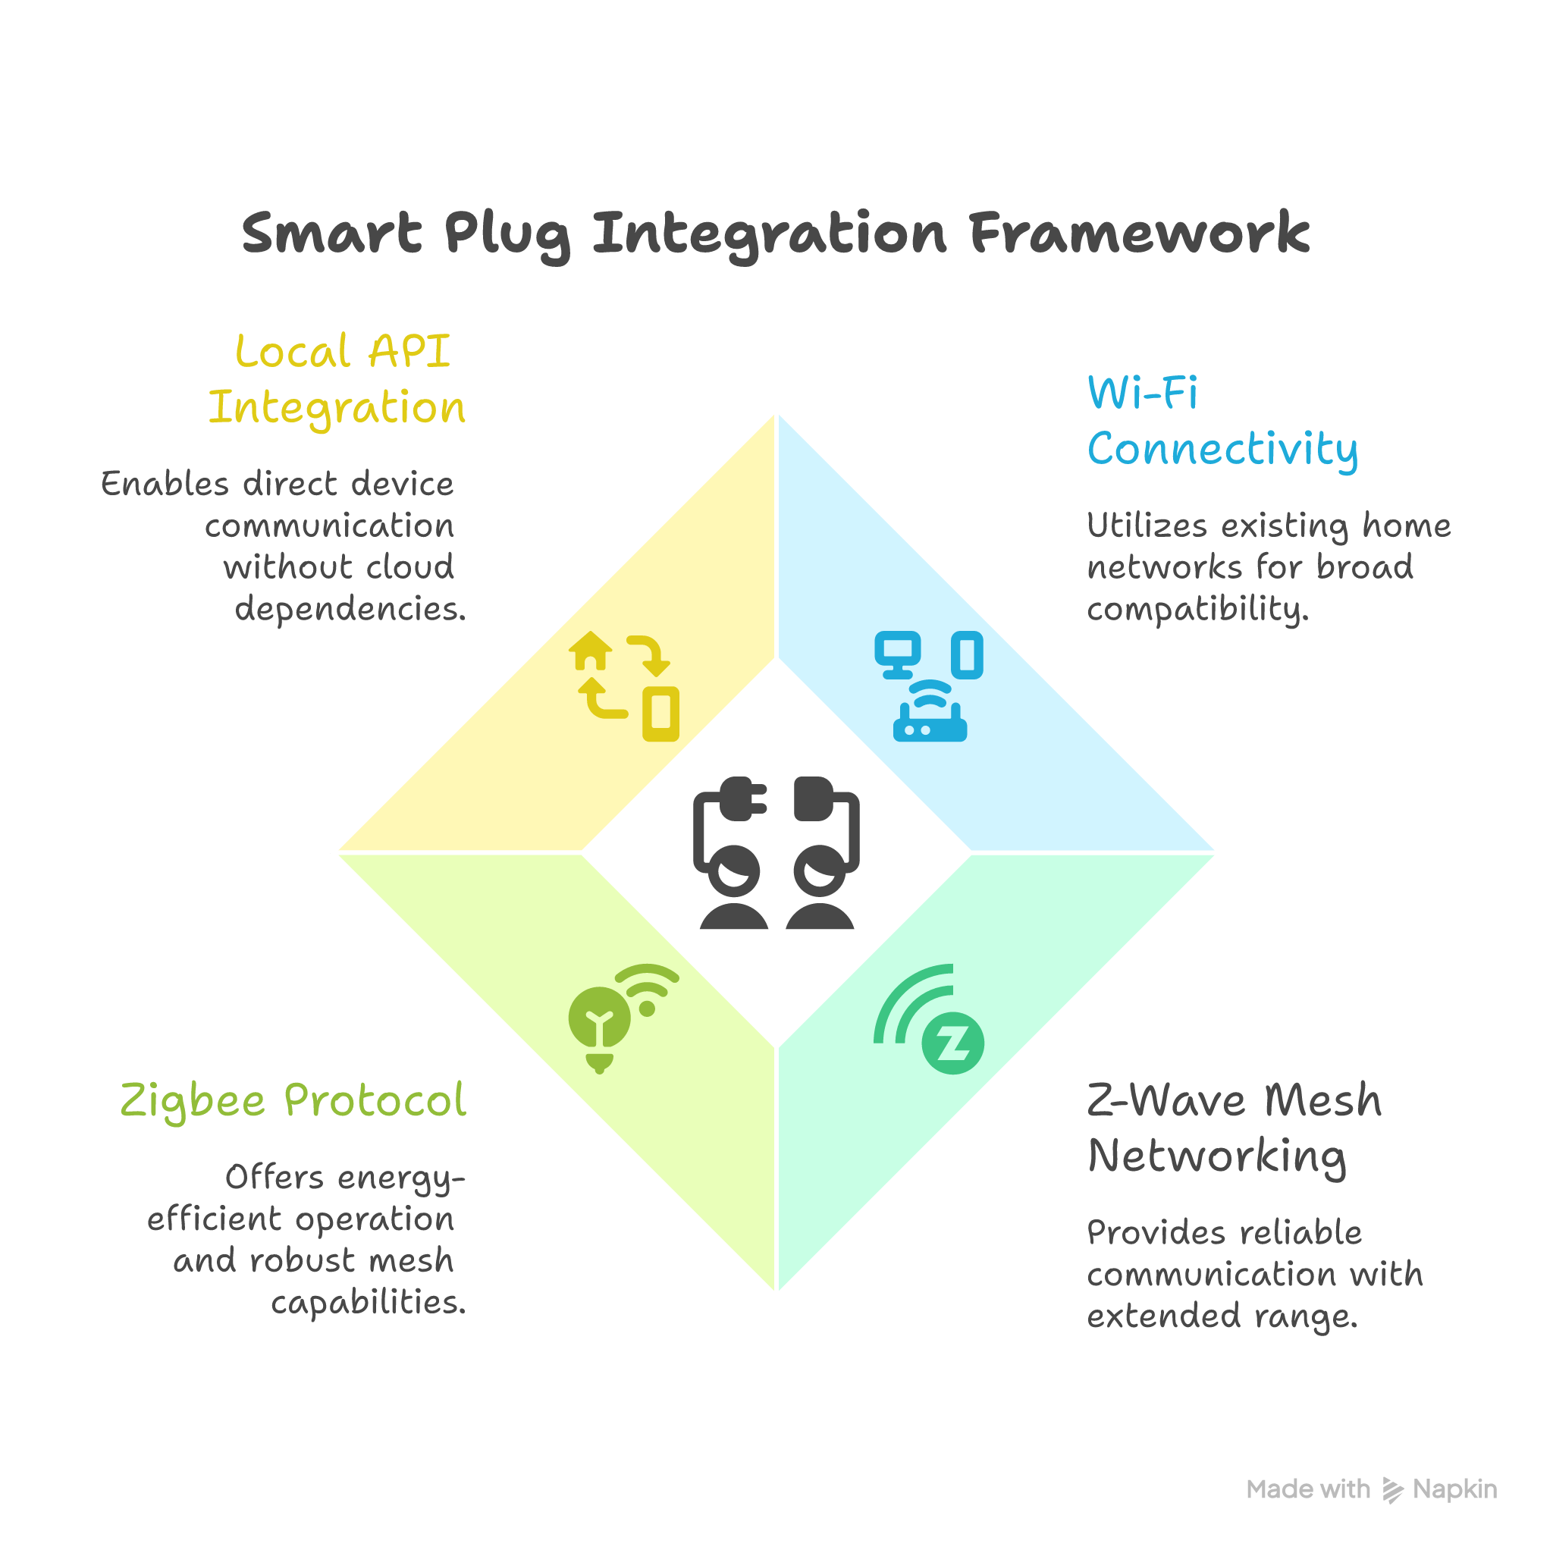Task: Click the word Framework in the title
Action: point(1139,233)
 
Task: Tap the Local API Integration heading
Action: point(337,378)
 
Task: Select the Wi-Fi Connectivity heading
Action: point(1222,421)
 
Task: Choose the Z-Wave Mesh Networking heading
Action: point(1234,1128)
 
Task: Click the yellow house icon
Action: point(591,651)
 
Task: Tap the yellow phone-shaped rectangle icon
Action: point(660,713)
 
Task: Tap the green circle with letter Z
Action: point(953,1044)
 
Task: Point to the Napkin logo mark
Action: point(1392,1489)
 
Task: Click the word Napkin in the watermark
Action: point(1455,1489)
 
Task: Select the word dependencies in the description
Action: point(350,608)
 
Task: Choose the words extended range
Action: point(1222,1316)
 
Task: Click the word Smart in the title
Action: point(331,233)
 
